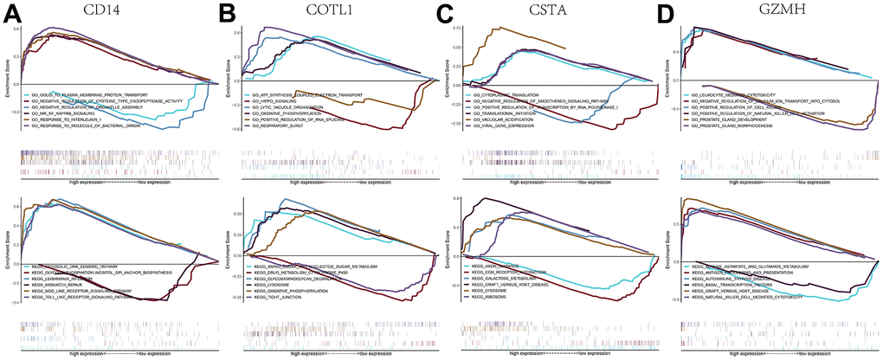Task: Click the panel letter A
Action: (x=11, y=12)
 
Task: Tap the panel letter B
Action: (x=229, y=12)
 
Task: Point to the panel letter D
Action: (x=667, y=12)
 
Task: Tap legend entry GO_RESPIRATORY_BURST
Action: (x=280, y=125)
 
